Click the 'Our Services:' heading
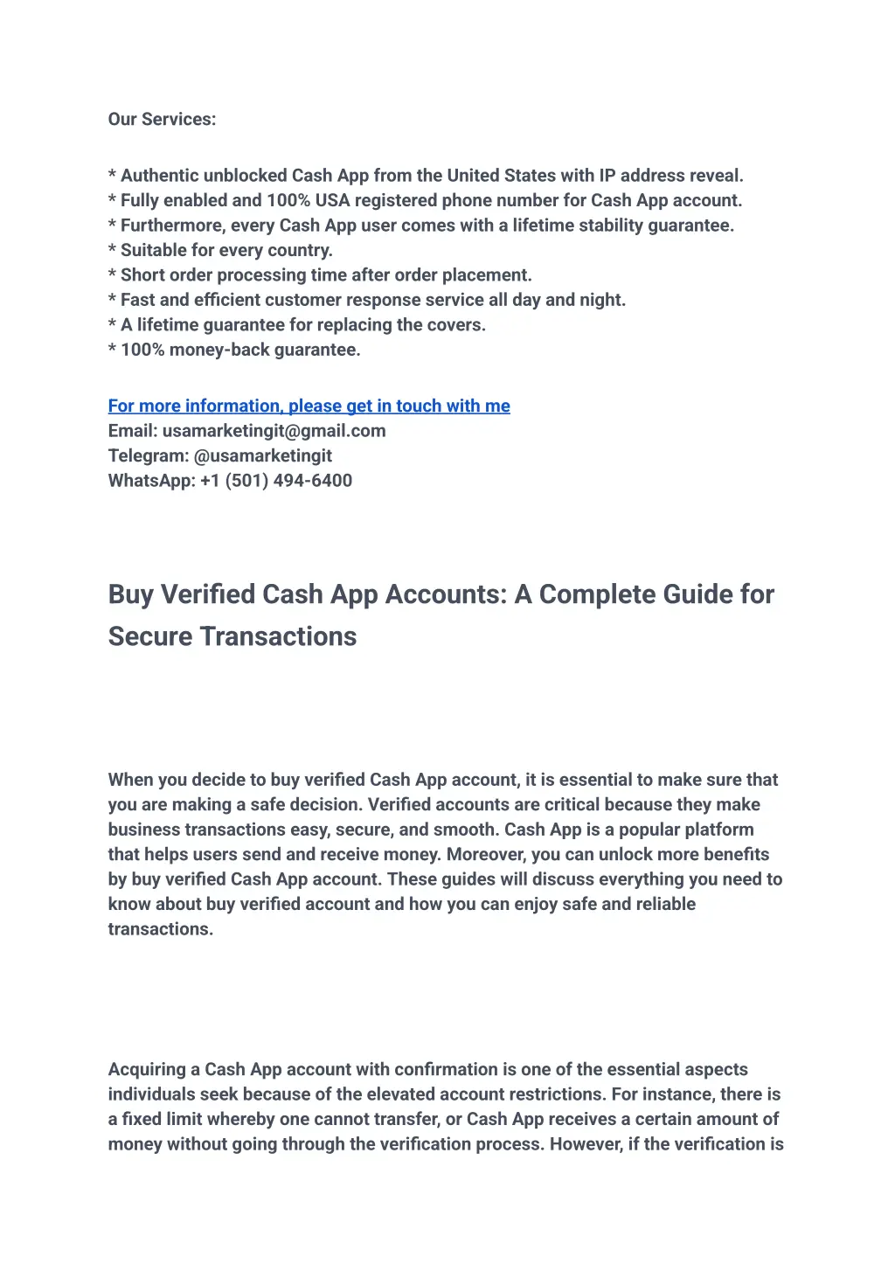[162, 120]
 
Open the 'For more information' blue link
[309, 406]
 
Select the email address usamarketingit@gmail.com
[274, 431]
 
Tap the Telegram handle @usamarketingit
[263, 455]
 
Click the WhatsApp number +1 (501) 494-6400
[275, 481]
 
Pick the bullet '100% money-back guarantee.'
[239, 351]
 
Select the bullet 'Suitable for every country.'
[226, 251]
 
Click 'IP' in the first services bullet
[607, 176]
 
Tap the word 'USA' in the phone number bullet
[332, 201]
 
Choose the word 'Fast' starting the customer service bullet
[137, 301]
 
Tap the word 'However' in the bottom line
[585, 1144]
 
